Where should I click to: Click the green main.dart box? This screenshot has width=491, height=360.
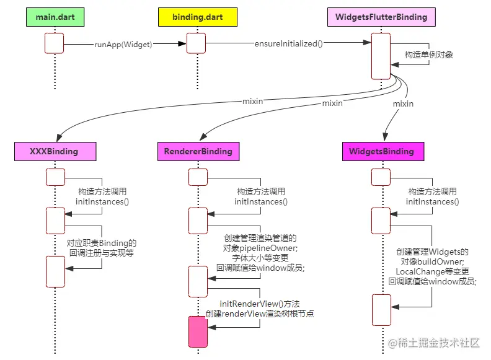pyautogui.click(x=55, y=17)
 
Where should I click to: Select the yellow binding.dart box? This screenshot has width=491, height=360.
pyautogui.click(x=196, y=17)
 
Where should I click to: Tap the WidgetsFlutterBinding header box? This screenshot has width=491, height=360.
pyautogui.click(x=381, y=17)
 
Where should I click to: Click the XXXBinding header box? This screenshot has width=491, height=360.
pyautogui.click(x=55, y=151)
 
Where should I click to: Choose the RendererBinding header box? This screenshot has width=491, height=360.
pyautogui.click(x=198, y=151)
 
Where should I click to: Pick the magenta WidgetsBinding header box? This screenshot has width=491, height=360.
pyautogui.click(x=381, y=151)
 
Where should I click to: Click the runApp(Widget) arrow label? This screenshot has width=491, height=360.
pyautogui.click(x=123, y=44)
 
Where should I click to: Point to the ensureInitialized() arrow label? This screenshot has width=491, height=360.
pyautogui.click(x=289, y=44)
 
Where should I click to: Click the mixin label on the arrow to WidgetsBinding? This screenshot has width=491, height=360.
pyautogui.click(x=403, y=103)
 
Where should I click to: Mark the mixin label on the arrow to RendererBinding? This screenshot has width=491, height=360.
pyautogui.click(x=332, y=103)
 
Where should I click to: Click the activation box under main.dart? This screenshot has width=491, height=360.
pyautogui.click(x=55, y=43)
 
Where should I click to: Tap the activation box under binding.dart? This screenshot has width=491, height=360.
pyautogui.click(x=196, y=43)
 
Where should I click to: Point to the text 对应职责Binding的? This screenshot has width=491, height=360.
pyautogui.click(x=102, y=243)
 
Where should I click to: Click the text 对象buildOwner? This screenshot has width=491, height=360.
pyautogui.click(x=433, y=262)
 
